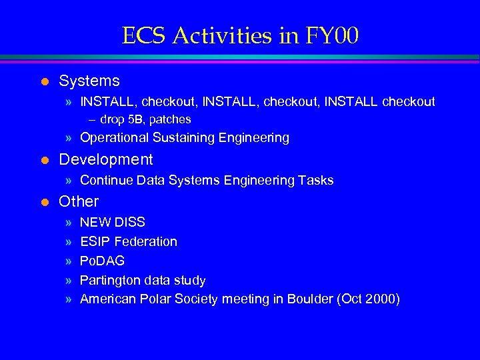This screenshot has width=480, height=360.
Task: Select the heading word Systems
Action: (89, 81)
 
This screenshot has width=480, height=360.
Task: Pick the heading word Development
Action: (106, 160)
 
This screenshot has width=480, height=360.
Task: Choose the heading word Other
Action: (79, 201)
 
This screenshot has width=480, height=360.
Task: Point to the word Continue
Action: (105, 181)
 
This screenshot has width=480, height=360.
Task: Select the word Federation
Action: (145, 241)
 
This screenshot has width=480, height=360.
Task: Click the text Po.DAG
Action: (102, 261)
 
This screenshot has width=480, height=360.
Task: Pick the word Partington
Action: (110, 281)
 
